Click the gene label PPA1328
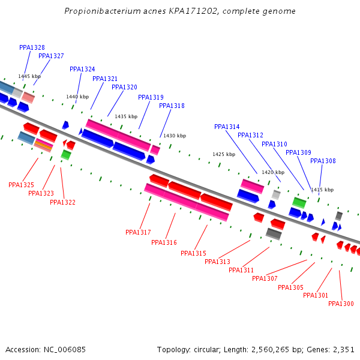32,47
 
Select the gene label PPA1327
51,56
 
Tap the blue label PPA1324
82,69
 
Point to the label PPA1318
172,106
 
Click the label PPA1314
227,127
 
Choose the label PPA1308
323,161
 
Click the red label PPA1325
21,185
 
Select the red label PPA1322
62,202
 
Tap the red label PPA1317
138,232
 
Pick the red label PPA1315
193,253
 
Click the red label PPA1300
341,304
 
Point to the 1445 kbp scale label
29,76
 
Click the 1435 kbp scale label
126,116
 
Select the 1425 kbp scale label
224,154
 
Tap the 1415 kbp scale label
322,190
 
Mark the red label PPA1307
265,278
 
